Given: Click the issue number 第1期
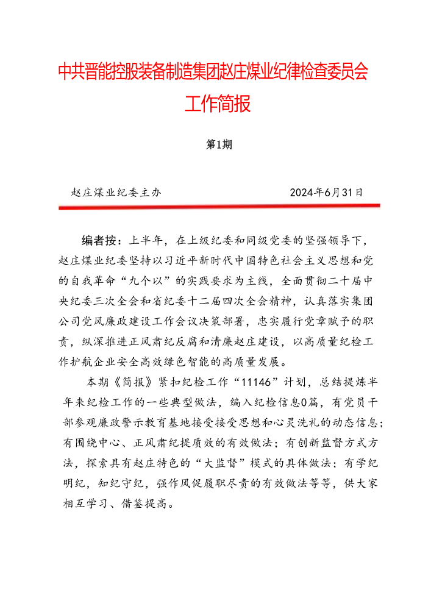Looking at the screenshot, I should click(217, 145).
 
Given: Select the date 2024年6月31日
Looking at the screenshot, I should click(327, 192).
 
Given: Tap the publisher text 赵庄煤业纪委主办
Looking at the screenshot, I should click(116, 192).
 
